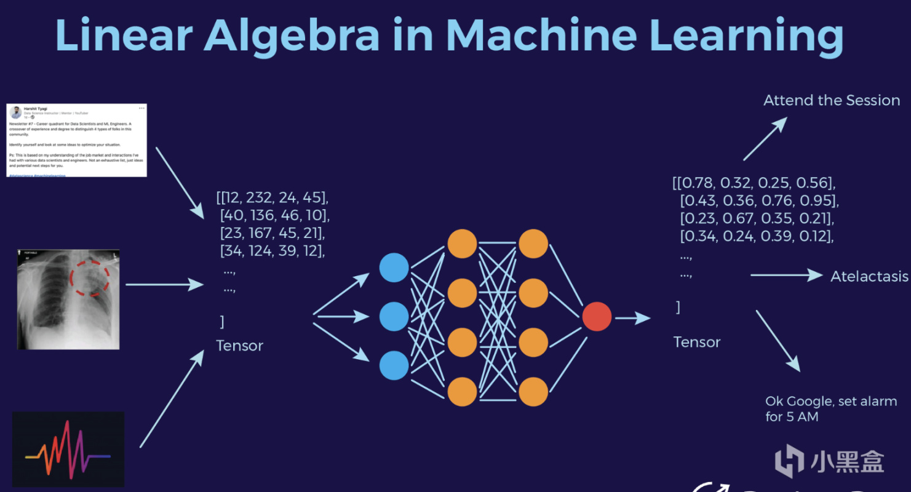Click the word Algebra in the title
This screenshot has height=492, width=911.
click(292, 36)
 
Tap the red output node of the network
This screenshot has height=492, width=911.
click(597, 317)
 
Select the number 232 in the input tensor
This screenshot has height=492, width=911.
click(260, 197)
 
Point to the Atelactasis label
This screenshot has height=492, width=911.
click(869, 276)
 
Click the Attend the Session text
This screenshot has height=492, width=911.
click(832, 100)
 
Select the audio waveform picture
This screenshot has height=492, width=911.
click(68, 449)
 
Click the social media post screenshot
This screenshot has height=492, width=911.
click(77, 140)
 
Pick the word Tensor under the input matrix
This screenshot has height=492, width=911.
click(239, 346)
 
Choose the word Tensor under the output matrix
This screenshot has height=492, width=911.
click(696, 342)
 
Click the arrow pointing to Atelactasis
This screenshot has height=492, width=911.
click(786, 276)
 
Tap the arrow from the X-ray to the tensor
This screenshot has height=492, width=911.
click(164, 284)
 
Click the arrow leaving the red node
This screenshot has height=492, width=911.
click(632, 318)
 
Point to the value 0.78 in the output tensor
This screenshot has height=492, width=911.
click(698, 183)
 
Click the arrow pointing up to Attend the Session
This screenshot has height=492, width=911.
click(765, 140)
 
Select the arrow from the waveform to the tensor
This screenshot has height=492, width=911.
click(172, 399)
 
